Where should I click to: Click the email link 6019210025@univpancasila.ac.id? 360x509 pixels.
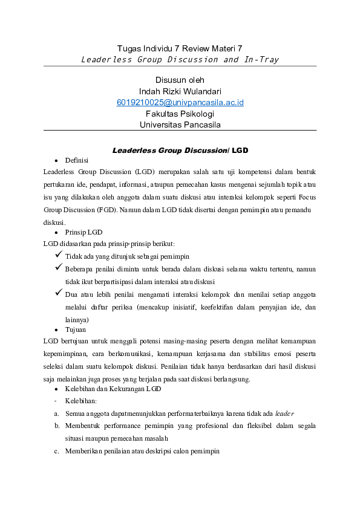click(180, 103)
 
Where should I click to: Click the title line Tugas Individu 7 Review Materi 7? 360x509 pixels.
click(180, 48)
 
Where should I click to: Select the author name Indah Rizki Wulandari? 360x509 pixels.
click(180, 91)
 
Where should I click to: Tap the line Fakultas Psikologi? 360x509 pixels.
click(180, 114)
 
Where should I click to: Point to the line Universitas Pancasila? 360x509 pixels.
click(180, 125)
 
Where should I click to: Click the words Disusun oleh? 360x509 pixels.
click(180, 80)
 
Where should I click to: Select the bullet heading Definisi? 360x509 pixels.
click(77, 160)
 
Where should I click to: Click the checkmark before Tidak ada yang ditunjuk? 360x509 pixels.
click(59, 256)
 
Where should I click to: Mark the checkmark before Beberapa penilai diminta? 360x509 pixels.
click(59, 268)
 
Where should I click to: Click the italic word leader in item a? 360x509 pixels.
click(284, 413)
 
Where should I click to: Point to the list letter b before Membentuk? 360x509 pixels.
click(56, 426)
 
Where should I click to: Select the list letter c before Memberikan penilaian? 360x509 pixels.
click(56, 452)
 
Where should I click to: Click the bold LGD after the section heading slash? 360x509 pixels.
click(240, 149)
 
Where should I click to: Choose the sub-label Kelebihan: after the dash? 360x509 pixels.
click(81, 401)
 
